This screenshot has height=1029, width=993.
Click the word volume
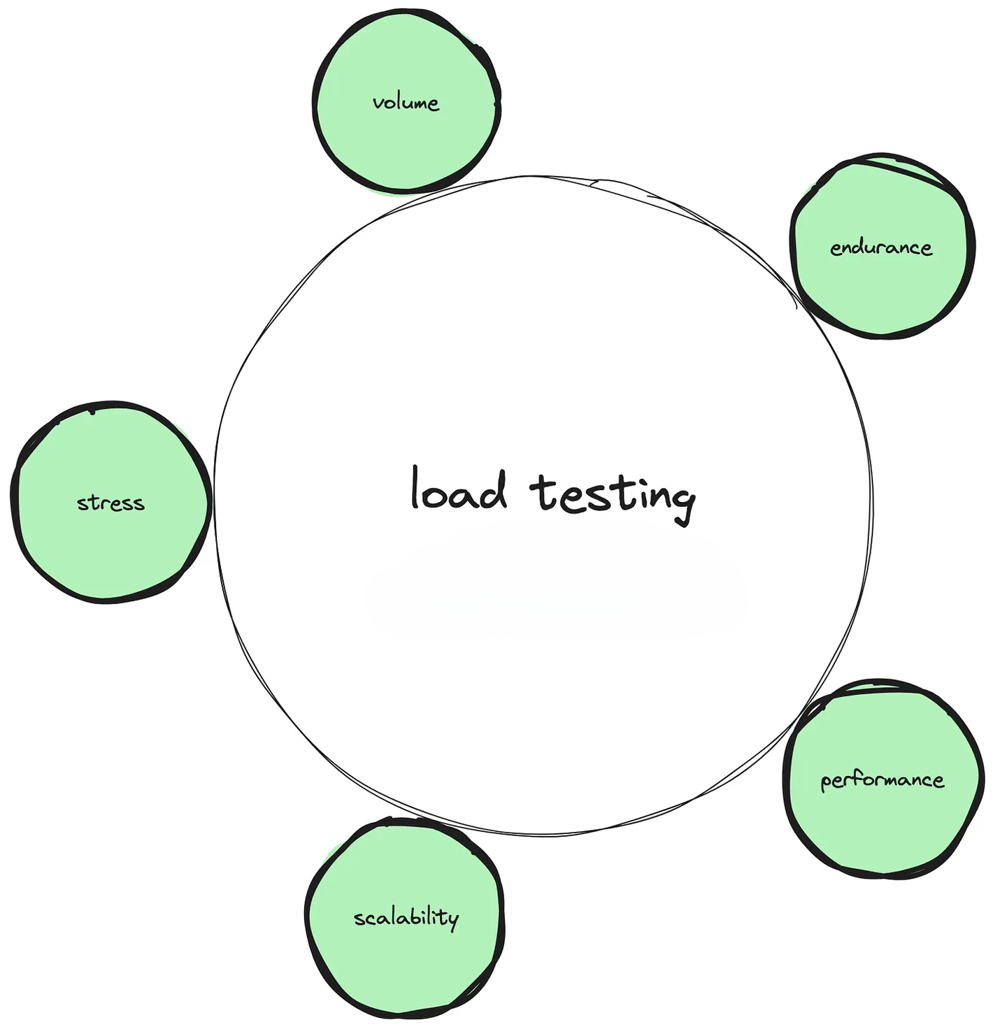point(406,103)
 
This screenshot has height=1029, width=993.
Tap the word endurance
point(881,247)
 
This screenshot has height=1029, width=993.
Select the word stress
point(110,503)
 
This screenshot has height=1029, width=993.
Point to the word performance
point(883,780)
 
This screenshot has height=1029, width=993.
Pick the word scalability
point(406,918)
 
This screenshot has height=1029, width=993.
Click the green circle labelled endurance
point(881,294)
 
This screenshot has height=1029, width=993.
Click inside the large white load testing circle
point(543,664)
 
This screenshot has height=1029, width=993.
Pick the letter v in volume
point(378,105)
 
